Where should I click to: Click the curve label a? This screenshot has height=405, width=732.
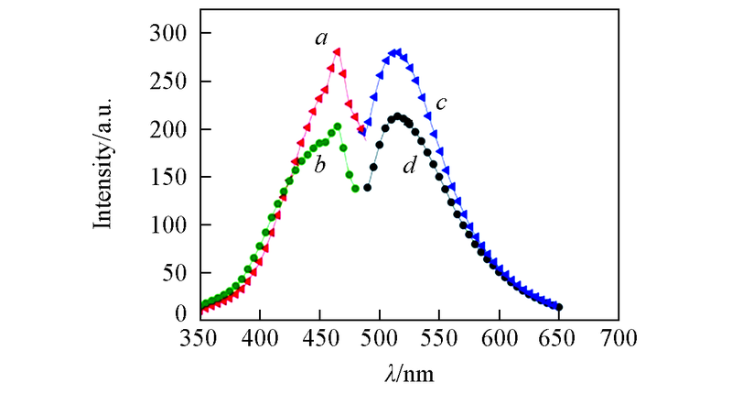point(321,38)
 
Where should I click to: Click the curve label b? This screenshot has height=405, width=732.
point(320,167)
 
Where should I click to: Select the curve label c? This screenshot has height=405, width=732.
point(440,104)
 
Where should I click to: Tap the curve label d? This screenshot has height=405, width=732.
point(409,167)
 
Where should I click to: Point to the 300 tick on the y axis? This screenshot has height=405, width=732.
point(167,34)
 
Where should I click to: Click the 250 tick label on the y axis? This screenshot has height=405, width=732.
point(167,82)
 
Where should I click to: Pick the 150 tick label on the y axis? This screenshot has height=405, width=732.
point(167,177)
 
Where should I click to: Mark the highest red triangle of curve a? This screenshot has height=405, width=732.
point(338,52)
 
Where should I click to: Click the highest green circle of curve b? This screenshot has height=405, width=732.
point(338,126)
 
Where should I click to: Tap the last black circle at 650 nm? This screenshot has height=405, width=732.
point(559,307)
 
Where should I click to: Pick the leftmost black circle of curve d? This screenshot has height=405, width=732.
point(368,188)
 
